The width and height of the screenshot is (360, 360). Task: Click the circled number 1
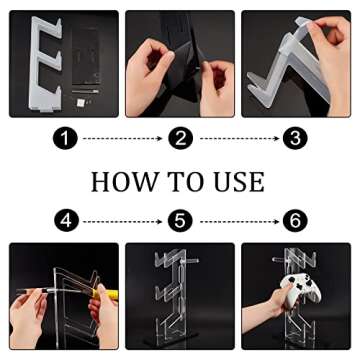66,139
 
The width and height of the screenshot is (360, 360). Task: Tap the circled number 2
180,139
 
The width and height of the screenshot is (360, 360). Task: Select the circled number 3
295,139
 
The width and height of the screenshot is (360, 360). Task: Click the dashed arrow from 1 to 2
122,139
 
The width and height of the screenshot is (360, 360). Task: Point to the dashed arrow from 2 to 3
238,139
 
